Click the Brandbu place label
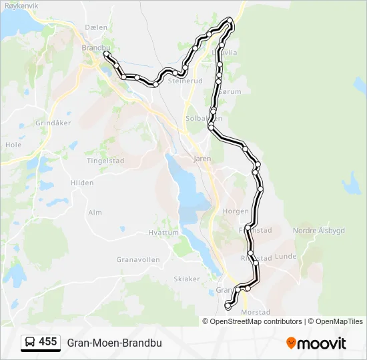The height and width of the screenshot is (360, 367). (x=94, y=48)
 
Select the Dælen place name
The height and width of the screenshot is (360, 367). (x=96, y=27)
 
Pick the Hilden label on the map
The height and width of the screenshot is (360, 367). (x=82, y=182)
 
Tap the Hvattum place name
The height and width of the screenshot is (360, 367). (x=163, y=233)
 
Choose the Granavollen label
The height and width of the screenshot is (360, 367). (x=136, y=259)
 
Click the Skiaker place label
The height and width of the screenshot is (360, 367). (x=186, y=278)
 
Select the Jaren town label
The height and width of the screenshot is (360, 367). (x=202, y=159)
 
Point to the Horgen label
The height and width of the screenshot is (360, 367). (x=236, y=211)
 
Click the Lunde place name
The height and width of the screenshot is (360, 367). (x=285, y=256)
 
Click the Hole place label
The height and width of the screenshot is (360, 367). (x=13, y=144)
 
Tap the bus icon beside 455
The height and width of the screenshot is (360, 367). (x=30, y=343)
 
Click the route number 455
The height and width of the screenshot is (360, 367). (x=47, y=342)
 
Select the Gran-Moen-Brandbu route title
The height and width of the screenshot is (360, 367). (x=114, y=343)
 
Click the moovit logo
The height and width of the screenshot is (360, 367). (x=316, y=343)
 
